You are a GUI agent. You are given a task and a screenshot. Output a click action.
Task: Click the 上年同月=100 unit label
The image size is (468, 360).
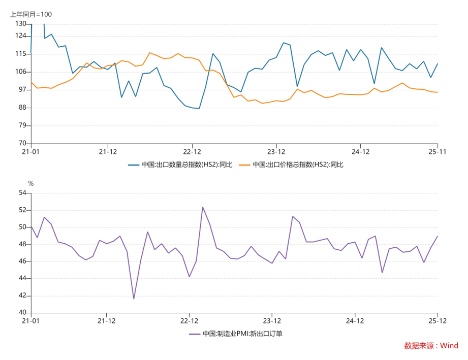[31, 14]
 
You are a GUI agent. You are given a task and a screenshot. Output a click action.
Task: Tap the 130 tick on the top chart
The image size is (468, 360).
[21, 24]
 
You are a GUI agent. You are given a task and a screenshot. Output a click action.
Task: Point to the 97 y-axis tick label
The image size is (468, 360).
[22, 90]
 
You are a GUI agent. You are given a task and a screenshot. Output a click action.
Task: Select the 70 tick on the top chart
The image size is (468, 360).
[22, 144]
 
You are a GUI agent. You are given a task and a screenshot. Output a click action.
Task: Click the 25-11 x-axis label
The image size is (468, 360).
[438, 151]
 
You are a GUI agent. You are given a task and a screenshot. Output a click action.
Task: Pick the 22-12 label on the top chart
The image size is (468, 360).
[192, 151]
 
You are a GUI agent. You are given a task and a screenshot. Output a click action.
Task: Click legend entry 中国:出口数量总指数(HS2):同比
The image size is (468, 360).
[180, 165]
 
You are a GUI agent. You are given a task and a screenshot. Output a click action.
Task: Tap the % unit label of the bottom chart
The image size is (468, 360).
[30, 183]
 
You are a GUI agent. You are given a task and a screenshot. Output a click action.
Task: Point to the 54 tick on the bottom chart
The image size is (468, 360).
[22, 193]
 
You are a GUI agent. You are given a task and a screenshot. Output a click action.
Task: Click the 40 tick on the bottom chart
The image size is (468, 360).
[22, 313]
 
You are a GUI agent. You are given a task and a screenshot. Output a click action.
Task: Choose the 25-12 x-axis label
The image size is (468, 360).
[438, 321]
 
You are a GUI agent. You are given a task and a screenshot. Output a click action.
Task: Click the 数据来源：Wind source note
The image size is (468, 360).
[431, 346]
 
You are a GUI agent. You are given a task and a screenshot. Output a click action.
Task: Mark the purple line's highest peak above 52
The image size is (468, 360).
[203, 207]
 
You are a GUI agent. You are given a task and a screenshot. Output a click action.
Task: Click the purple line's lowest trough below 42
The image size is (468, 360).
[134, 299]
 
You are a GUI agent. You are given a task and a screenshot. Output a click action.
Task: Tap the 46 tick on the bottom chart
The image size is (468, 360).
[22, 261]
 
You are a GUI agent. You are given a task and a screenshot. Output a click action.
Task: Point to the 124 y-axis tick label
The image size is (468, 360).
[21, 36]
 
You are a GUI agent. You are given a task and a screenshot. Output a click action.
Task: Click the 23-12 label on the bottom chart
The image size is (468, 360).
[272, 321]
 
